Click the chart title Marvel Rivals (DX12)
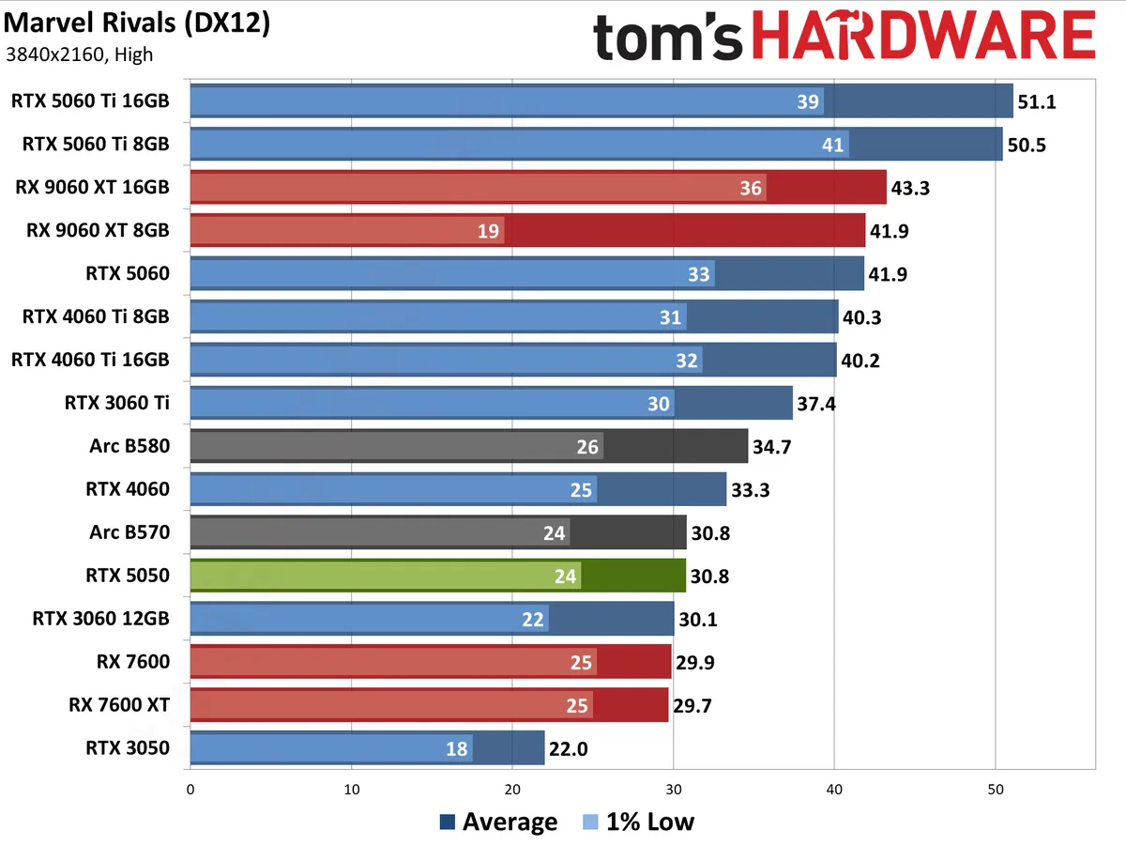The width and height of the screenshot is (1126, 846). coord(137,24)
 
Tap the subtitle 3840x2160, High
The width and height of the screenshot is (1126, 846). coord(79,54)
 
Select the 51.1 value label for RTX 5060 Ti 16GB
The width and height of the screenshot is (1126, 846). coord(1037,101)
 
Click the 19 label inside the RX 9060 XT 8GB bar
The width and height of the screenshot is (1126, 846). coord(488,231)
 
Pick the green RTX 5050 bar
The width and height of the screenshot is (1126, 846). coord(437,576)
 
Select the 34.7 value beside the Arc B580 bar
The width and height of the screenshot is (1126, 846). coord(772,447)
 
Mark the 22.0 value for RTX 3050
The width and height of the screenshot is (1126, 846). coord(569,749)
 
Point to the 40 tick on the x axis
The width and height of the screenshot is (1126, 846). coord(834,790)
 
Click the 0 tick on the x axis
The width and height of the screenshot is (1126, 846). coord(190,790)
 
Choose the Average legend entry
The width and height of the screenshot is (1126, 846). coord(498,823)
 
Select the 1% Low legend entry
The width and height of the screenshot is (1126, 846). coord(638,823)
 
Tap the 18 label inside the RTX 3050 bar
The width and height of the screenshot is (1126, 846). coord(456,749)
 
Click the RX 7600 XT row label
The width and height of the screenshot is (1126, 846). coord(118,705)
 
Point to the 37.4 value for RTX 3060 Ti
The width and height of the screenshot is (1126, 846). coord(816,404)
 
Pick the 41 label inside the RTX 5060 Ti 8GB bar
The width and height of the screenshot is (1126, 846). coord(832,145)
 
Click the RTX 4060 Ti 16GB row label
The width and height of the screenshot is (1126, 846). coord(90,360)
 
